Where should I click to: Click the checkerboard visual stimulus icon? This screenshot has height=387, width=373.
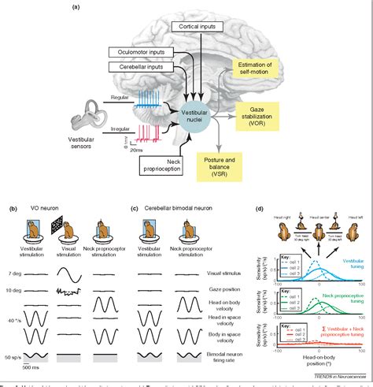[77, 233]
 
